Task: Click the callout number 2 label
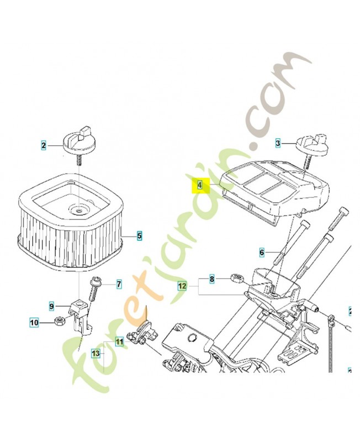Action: [44, 146]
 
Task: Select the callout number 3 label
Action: [278, 143]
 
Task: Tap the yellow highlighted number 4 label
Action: [200, 186]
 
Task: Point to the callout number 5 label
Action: [140, 236]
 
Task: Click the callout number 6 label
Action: [262, 252]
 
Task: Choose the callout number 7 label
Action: [118, 285]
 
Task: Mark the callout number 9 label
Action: [51, 306]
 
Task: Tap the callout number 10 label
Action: [33, 322]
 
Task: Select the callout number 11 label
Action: [119, 342]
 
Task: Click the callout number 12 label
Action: [182, 286]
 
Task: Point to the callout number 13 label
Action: [96, 352]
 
